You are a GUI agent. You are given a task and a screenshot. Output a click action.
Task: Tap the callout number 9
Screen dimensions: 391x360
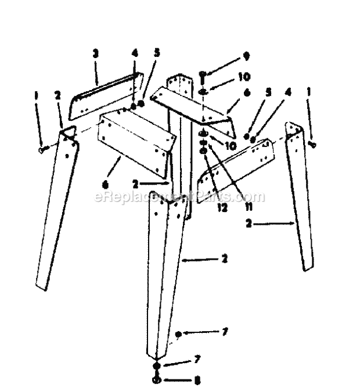[x=246, y=56]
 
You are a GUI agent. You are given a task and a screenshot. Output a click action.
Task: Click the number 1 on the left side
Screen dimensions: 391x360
[x=37, y=92]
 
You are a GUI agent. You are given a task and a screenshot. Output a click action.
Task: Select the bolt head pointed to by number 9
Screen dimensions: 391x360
[x=203, y=74]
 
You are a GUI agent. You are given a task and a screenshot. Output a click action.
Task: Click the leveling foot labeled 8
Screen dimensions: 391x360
[x=157, y=380]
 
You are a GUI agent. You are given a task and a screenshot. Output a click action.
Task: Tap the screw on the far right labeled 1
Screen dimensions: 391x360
[x=314, y=143]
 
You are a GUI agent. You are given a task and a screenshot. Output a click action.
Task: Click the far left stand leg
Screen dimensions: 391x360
[x=56, y=209]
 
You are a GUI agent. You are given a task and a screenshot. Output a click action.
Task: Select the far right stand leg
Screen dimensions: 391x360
[x=301, y=198]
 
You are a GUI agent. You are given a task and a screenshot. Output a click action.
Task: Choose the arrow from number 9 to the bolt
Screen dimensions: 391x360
[x=224, y=64]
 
